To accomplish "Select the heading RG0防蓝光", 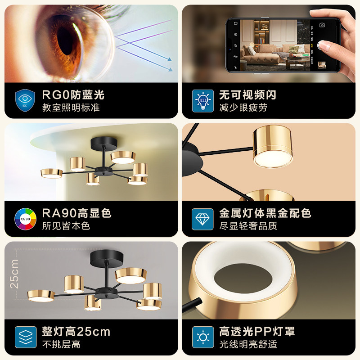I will tap(73, 95).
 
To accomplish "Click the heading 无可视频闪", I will tap(247, 95).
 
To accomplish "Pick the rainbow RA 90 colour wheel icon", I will tap(25, 219).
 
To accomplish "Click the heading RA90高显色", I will tap(76, 213).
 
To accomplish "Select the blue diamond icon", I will tap(202, 219).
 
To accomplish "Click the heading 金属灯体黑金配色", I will tap(265, 213).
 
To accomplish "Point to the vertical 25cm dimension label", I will tap(15, 273).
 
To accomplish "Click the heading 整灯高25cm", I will tap(76, 332).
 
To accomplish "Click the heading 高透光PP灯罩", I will tap(257, 332).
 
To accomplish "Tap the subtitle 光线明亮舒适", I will tap(249, 344).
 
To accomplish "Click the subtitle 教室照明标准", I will tap(71, 108).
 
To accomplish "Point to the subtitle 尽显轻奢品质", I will tap(249, 225).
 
